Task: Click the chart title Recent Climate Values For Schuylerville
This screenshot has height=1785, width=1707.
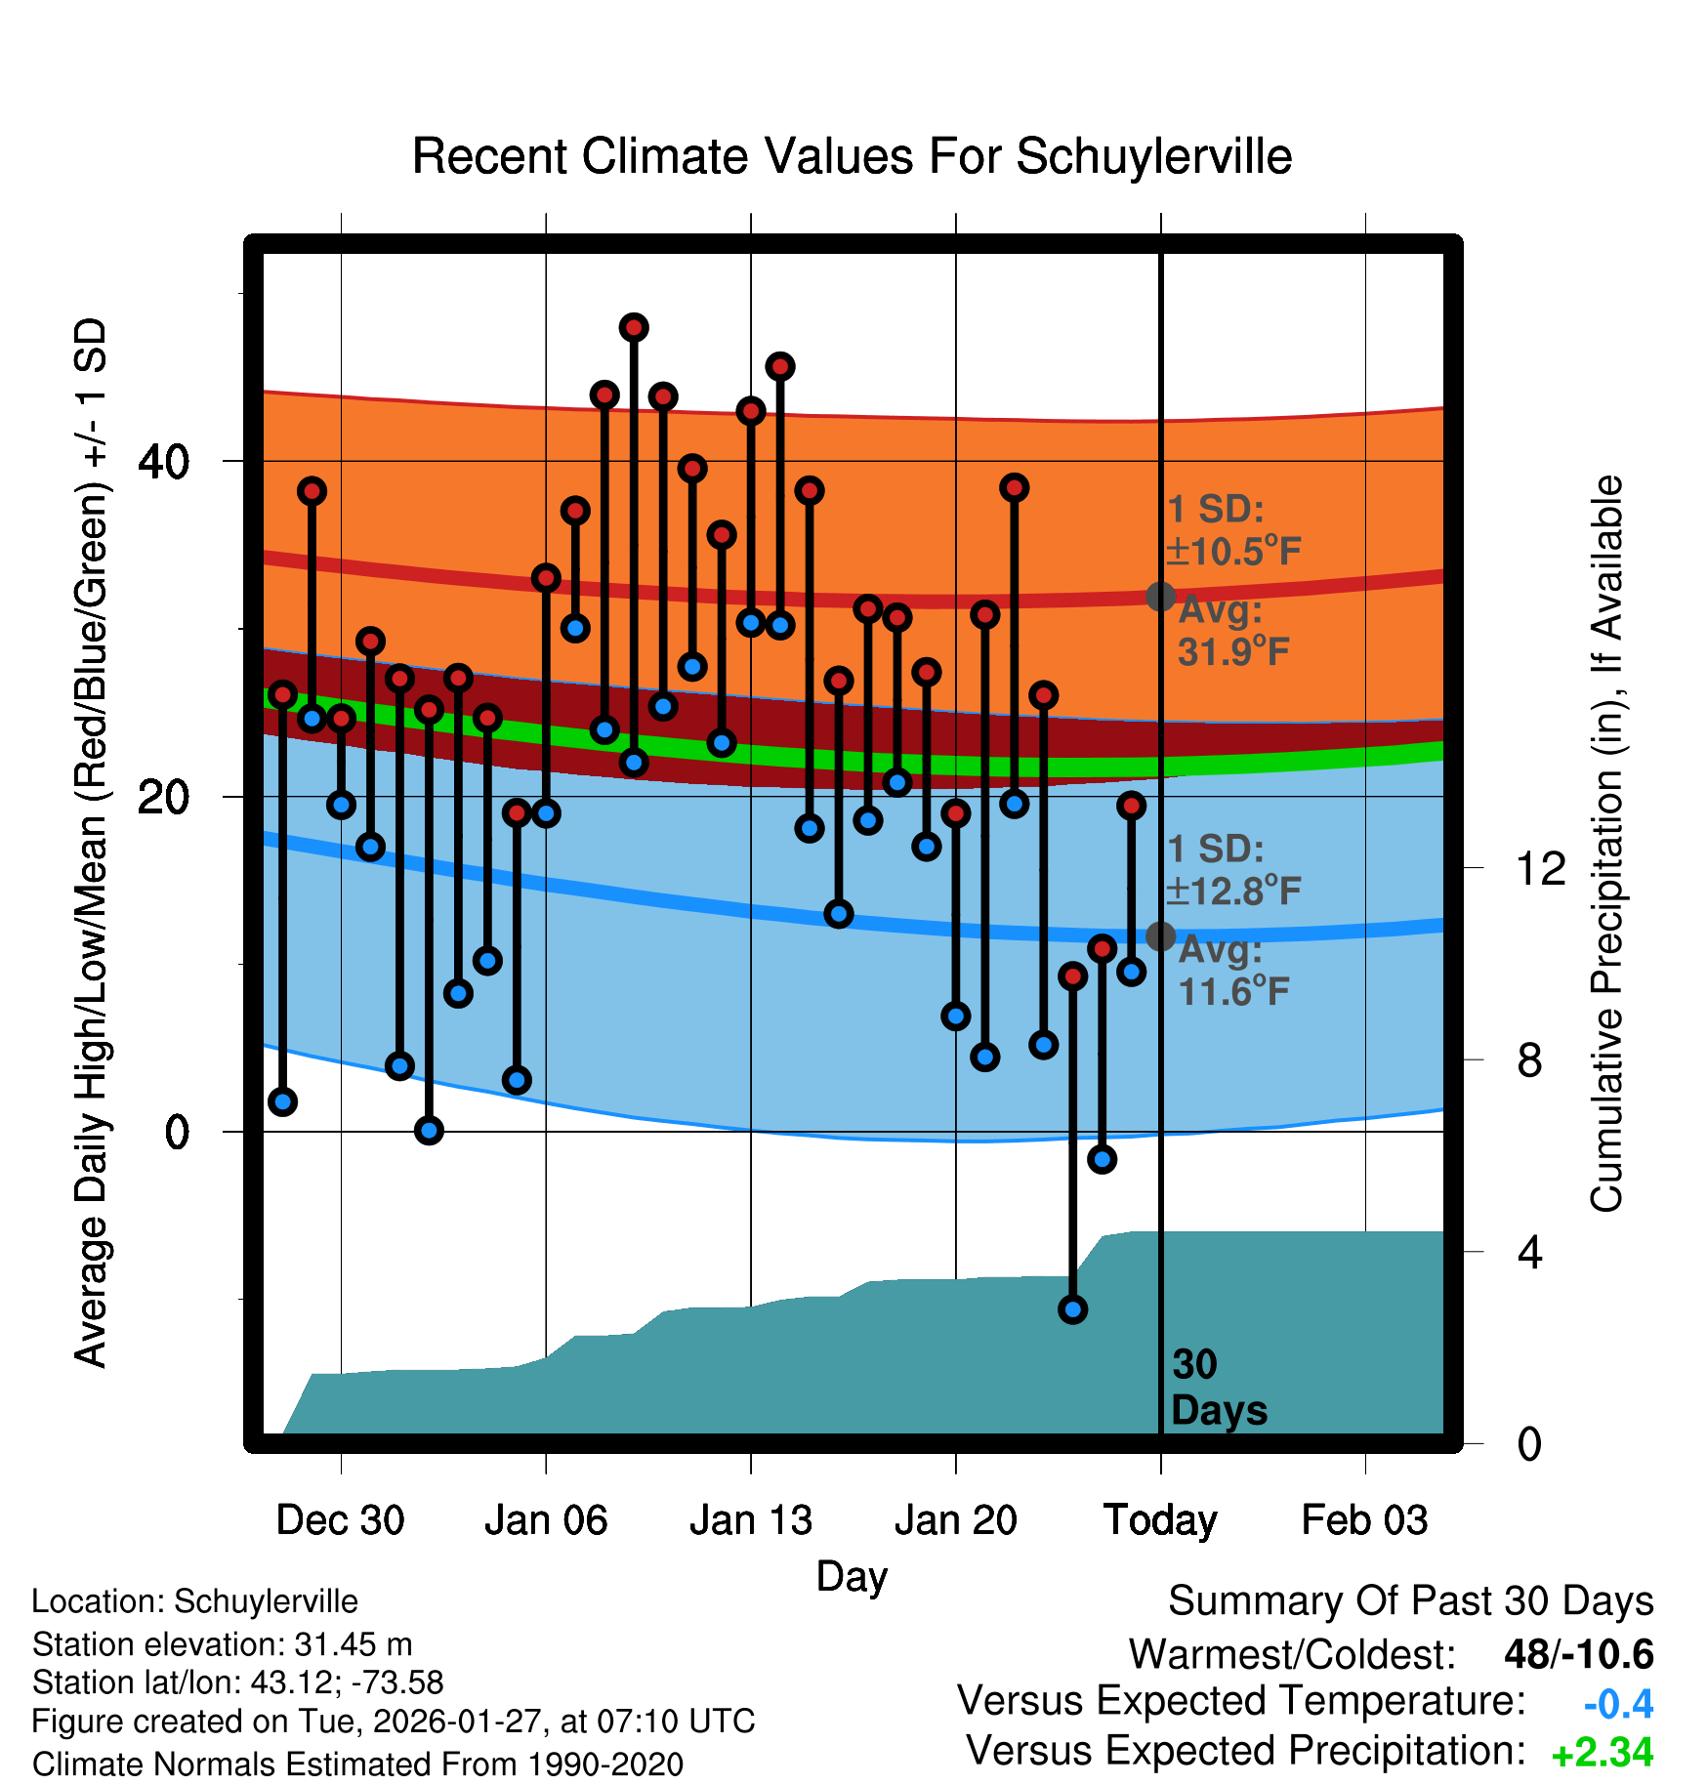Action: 852,156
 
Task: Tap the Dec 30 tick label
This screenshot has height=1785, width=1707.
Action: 340,1520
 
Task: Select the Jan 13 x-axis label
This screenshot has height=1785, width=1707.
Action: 750,1520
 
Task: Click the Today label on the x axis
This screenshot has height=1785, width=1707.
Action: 1160,1520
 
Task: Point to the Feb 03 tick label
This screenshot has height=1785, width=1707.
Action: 1364,1520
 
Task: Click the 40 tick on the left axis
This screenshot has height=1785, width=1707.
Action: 164,461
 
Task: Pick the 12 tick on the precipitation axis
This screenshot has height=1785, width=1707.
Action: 1540,868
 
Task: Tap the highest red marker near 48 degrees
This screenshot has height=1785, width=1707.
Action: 634,327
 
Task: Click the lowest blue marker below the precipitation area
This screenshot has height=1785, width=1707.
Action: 1073,1309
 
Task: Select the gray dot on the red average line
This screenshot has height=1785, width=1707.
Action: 1160,596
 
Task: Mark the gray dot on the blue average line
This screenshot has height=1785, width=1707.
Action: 1160,935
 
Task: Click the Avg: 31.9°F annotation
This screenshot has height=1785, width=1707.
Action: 1232,632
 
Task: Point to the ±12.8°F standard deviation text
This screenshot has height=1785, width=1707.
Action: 1233,891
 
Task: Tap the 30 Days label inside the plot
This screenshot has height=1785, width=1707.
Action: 1218,1388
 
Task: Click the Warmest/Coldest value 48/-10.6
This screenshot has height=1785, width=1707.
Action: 1578,1654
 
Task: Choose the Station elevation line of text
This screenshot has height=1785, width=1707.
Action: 222,1644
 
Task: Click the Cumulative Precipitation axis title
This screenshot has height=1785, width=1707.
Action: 1606,844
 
